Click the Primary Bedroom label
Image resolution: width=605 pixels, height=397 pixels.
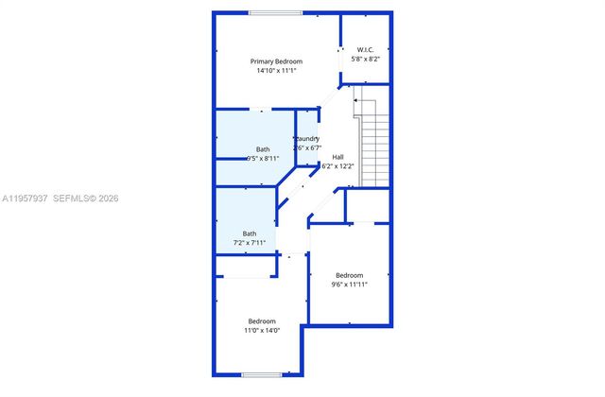point(276,61)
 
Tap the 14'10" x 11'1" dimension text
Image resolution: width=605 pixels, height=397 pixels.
point(276,71)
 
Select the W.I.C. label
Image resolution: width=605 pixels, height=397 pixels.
point(366,49)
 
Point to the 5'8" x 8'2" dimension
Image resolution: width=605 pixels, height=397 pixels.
point(366,59)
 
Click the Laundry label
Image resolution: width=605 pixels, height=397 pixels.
point(307,139)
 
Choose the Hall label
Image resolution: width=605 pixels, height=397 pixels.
point(337,157)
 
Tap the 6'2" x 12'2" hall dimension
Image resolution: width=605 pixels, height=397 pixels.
point(337,166)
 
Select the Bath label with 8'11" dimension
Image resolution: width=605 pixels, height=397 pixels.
point(262,149)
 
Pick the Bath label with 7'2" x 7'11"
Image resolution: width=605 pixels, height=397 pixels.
point(250,233)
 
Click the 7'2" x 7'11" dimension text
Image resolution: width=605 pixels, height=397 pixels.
point(250,243)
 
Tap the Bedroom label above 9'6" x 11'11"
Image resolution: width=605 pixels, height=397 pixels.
point(349,275)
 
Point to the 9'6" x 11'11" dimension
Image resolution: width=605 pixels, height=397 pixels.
point(349,285)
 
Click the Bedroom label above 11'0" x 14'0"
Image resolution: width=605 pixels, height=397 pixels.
point(262,320)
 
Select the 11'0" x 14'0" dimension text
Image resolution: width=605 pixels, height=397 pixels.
point(262,331)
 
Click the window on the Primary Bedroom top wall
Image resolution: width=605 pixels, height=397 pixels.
point(276,12)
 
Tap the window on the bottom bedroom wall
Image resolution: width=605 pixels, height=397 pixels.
point(262,375)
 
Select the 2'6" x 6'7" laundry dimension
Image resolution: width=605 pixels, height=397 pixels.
point(308,148)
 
